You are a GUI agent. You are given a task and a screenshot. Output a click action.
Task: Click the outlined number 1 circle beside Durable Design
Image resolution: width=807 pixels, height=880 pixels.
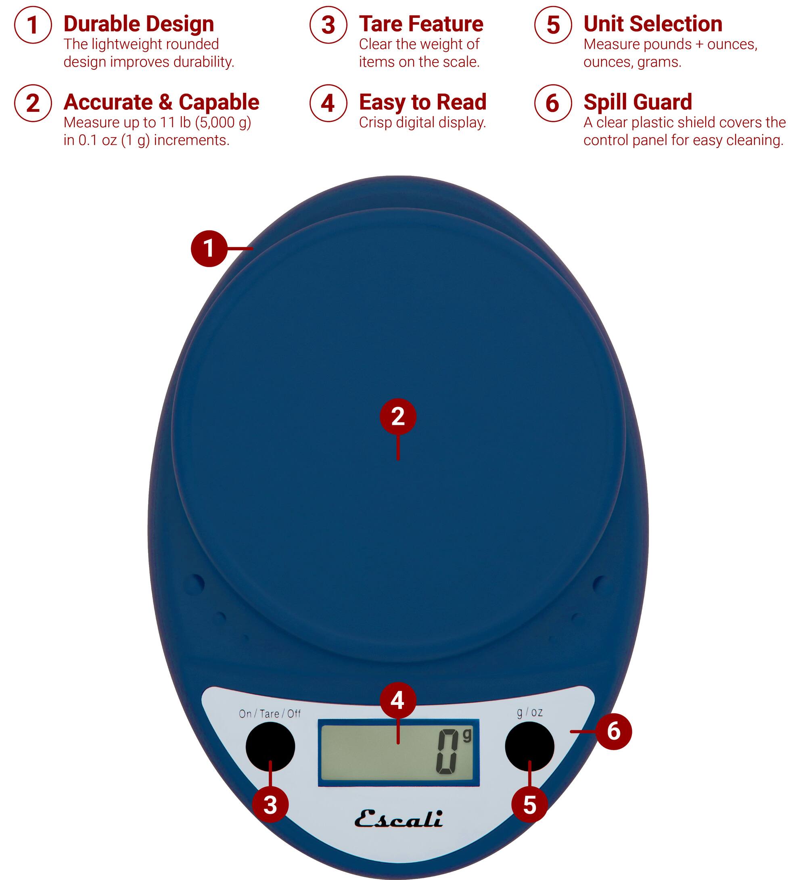[x=33, y=25]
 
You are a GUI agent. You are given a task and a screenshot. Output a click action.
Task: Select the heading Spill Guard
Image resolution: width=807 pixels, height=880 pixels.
[x=637, y=102]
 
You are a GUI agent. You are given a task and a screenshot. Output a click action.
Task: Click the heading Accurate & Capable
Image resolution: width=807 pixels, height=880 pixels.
[x=161, y=102]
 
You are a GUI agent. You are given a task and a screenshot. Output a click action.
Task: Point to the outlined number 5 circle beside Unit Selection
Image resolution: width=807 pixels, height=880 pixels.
[x=553, y=25]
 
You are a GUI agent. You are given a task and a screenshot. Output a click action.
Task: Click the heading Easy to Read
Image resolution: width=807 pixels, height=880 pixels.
[x=422, y=102]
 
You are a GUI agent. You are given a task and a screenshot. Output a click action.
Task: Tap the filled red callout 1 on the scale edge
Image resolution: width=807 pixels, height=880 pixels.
[x=209, y=249]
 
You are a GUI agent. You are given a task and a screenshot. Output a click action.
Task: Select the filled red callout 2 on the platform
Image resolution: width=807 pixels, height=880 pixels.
[x=398, y=416]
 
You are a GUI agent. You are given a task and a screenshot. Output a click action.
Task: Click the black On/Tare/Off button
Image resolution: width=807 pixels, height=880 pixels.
[x=270, y=746]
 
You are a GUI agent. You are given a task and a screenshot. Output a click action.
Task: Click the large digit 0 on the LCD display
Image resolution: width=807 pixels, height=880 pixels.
[x=447, y=752]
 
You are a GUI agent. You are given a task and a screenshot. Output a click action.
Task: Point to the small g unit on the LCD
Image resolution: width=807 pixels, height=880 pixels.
[x=467, y=736]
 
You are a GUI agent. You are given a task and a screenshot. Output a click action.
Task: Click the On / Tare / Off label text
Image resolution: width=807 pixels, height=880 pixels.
[x=270, y=714]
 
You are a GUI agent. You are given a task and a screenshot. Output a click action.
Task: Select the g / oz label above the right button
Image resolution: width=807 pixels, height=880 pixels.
[x=530, y=712]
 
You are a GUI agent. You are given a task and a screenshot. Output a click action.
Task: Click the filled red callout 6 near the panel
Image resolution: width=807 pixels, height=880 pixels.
[x=613, y=732]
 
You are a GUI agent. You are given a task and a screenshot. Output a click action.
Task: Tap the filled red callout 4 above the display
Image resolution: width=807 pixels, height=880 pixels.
[x=397, y=700]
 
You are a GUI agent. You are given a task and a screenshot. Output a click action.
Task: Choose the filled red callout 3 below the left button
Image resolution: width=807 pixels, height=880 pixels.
[x=270, y=805]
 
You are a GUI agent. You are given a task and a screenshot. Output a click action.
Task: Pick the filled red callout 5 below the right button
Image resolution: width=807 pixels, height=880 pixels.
[x=529, y=805]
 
